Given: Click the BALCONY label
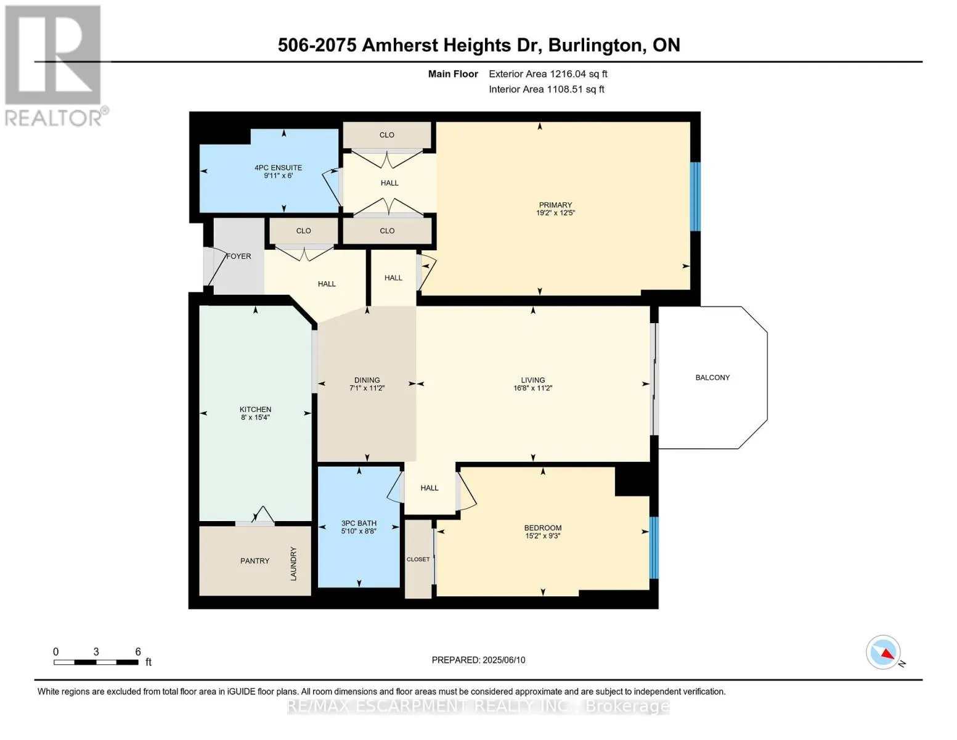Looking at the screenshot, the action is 712,377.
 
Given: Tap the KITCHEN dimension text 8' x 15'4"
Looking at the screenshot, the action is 255,417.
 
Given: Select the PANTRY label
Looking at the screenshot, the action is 255,561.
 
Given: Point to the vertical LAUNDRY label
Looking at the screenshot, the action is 293,564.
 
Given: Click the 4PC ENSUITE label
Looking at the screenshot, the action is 279,168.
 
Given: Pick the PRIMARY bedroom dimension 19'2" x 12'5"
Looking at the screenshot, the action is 555,212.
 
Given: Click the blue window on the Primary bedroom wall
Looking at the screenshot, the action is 695,197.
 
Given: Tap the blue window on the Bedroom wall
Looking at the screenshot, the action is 654,548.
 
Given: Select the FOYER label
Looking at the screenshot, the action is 238,256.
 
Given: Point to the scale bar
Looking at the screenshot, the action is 96,662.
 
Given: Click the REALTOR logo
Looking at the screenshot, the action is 55,66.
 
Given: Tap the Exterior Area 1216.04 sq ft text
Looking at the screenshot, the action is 548,74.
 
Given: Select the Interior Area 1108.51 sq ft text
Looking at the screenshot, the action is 546,89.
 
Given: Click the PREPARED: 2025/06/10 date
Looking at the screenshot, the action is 478,660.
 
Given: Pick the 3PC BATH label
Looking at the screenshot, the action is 359,523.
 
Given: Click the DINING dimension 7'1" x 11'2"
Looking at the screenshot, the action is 367,388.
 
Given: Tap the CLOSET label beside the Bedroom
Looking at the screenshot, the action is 418,559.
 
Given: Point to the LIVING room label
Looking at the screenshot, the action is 533,380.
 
